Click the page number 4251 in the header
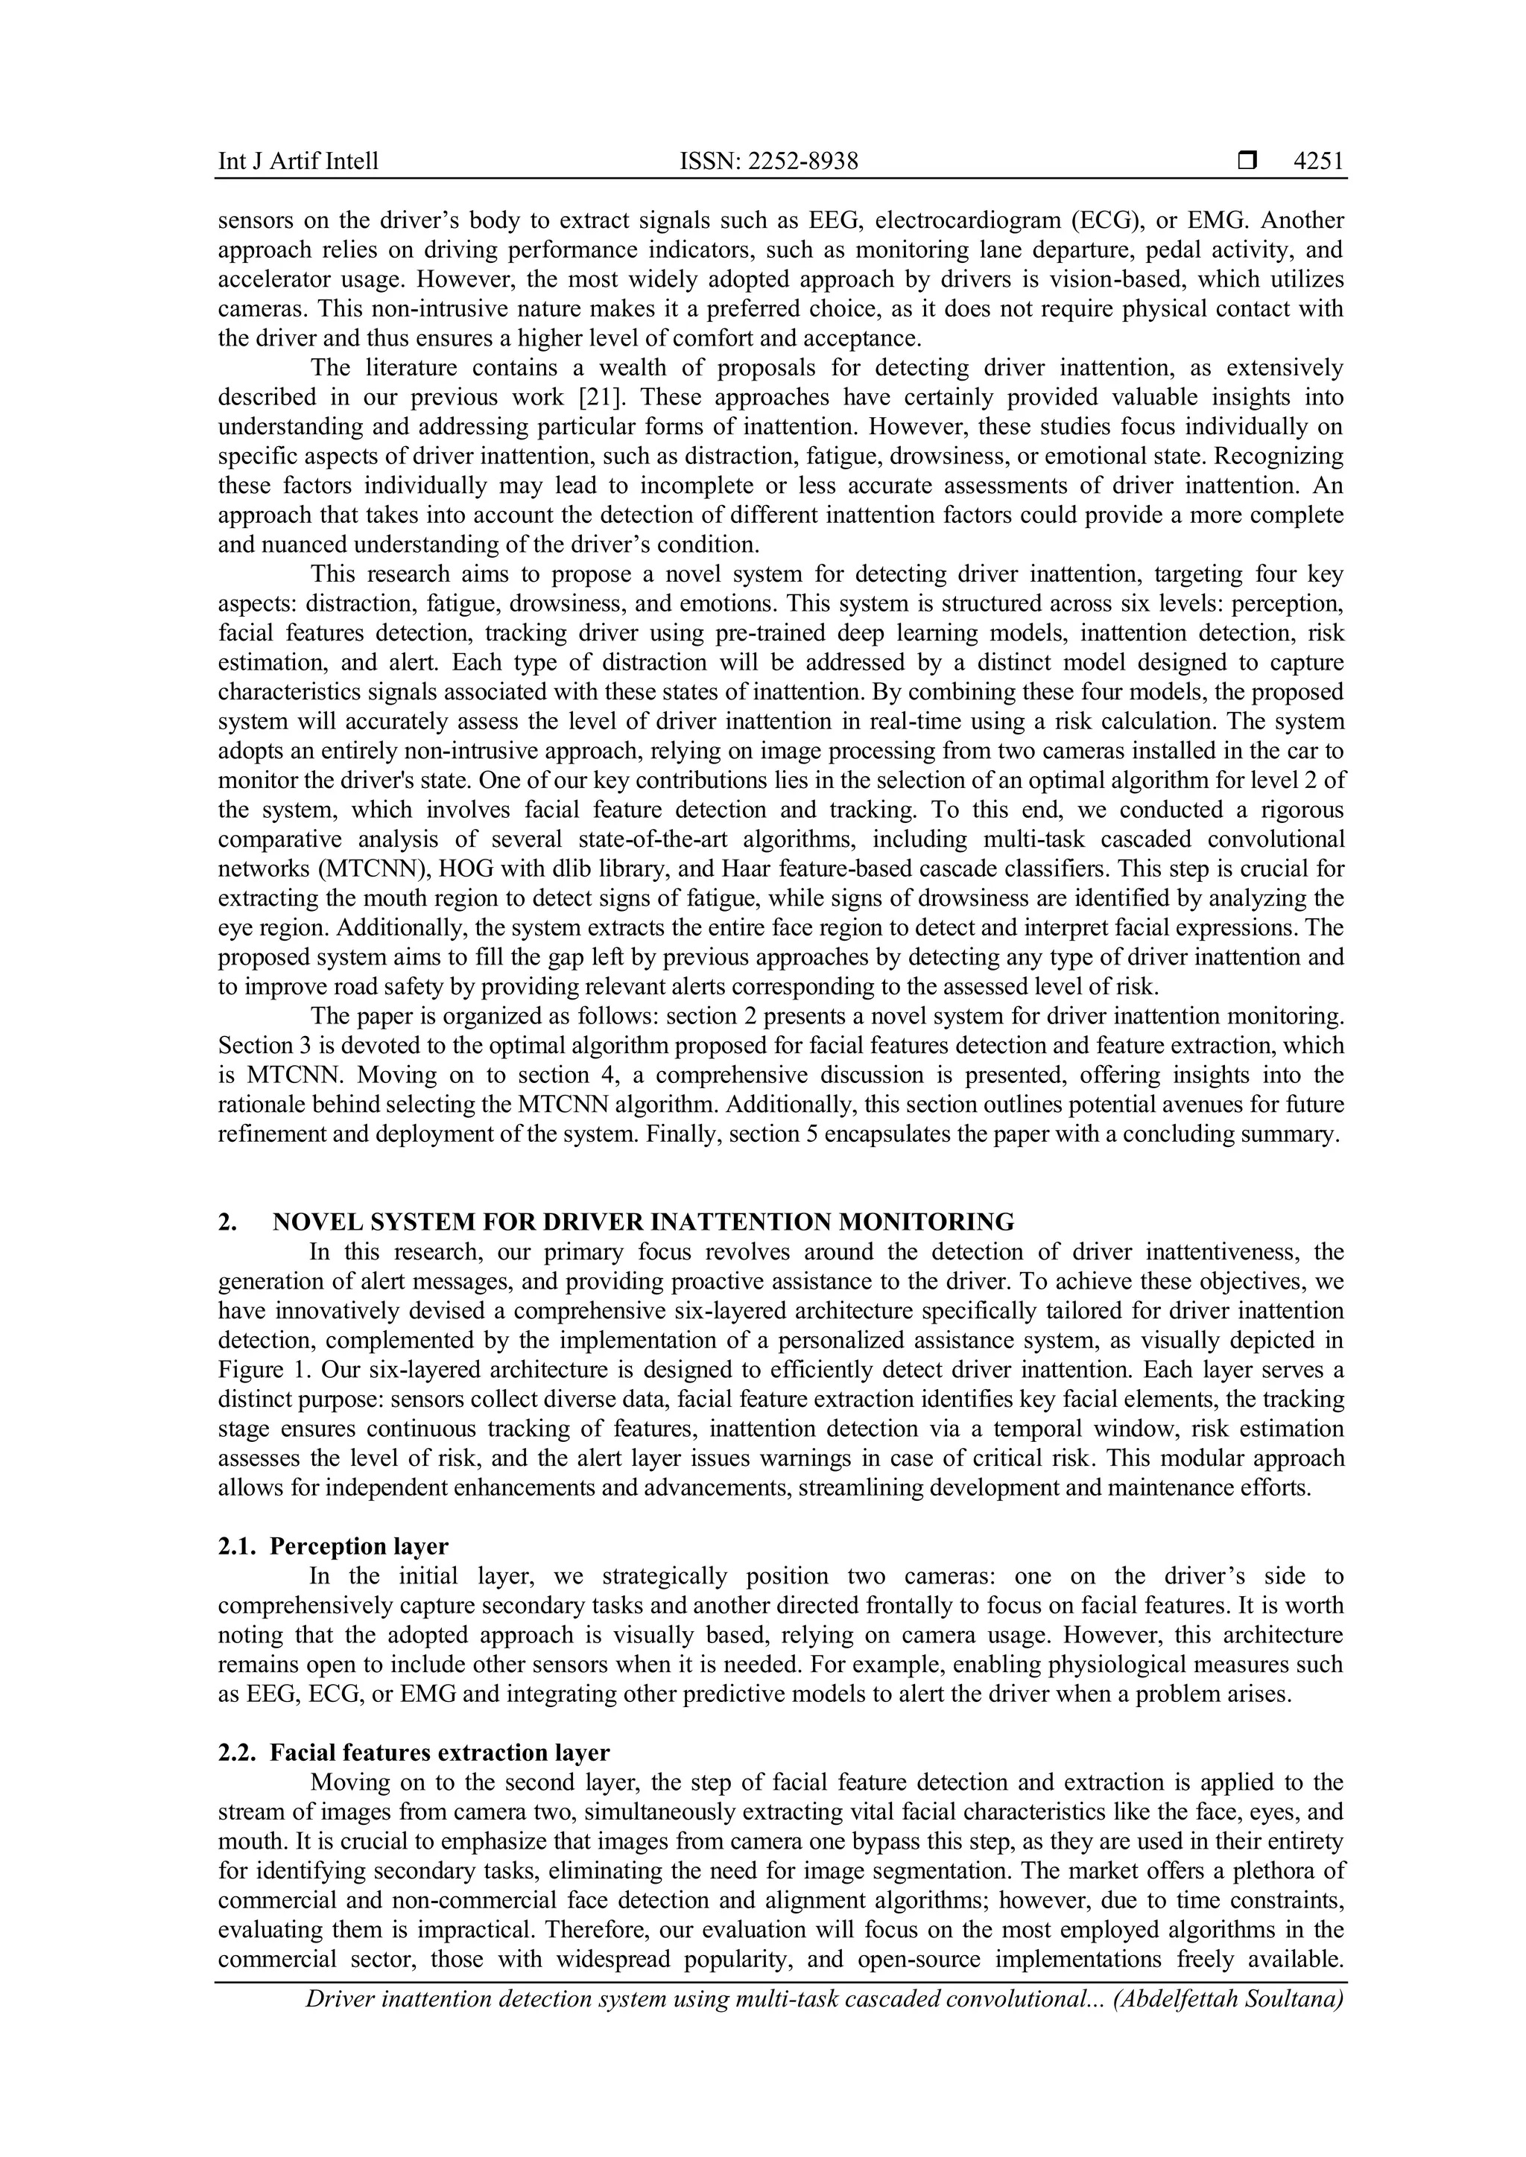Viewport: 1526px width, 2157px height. coord(1317,162)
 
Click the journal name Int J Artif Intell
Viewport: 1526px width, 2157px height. coord(298,162)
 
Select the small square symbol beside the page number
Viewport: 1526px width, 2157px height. coord(1247,162)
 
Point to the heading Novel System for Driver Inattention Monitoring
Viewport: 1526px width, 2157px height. coord(643,1222)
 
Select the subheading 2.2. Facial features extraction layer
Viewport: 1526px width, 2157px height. coord(414,1753)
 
